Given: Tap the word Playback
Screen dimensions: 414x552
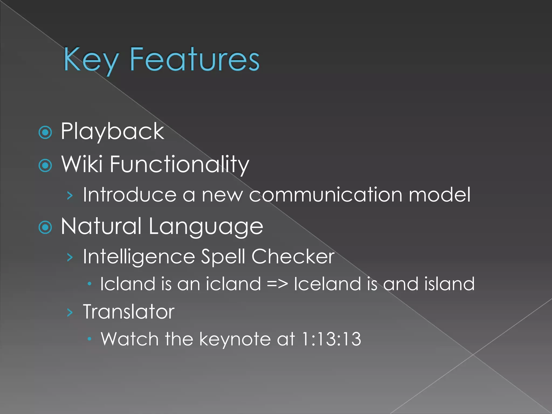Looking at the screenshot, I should (x=112, y=131).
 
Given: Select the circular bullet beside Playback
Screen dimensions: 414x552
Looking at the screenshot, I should (x=45, y=132).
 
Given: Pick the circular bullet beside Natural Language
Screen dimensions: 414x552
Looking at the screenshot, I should (x=45, y=227).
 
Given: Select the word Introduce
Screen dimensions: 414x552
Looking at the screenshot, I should (x=129, y=194).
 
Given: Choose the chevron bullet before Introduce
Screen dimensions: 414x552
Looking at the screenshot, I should (x=70, y=196).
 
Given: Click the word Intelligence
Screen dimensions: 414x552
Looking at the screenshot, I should (x=139, y=257).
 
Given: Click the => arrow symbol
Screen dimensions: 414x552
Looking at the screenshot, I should (x=277, y=284).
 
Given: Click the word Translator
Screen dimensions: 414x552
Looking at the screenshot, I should (x=129, y=312).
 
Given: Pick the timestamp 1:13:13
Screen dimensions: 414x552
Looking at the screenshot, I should (x=331, y=339).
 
